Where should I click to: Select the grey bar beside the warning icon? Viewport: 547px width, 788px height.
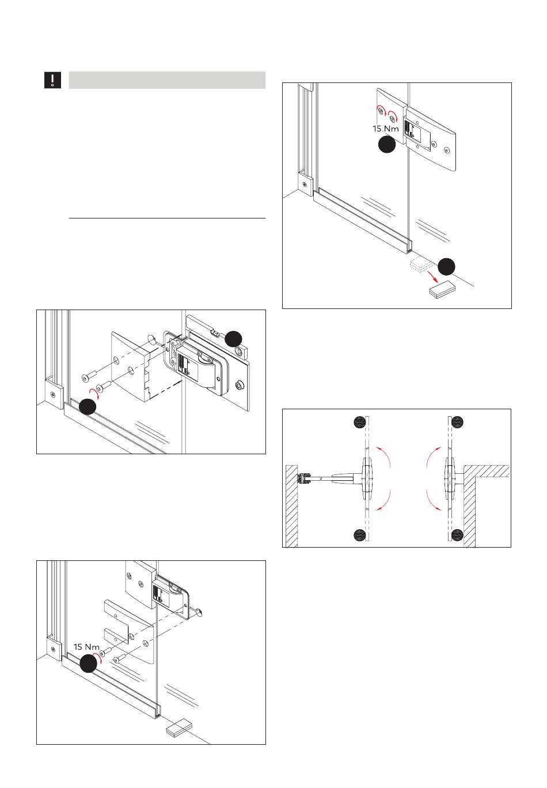(167, 80)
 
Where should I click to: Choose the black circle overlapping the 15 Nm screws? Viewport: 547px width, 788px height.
(88, 663)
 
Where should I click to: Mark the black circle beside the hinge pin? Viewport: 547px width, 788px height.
(233, 338)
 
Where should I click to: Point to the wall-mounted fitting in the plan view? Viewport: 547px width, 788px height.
(303, 478)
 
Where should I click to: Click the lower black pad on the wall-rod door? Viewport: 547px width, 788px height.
(360, 534)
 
